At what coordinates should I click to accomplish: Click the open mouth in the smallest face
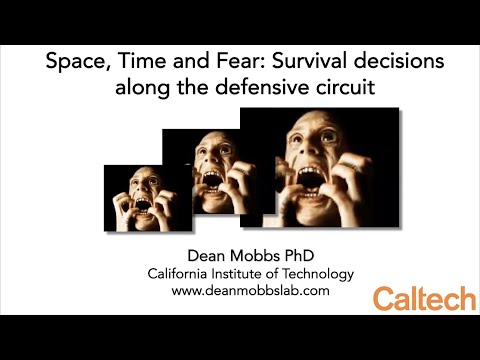141,209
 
